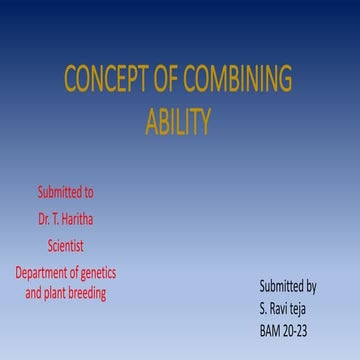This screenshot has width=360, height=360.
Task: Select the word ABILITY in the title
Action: click(x=178, y=123)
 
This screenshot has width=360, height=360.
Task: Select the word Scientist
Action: click(x=66, y=244)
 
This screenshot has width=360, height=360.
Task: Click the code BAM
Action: click(x=270, y=329)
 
